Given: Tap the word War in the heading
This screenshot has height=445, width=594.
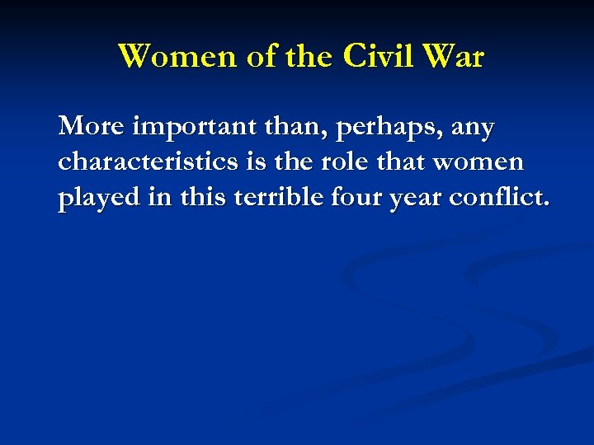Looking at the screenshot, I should pyautogui.click(x=455, y=57).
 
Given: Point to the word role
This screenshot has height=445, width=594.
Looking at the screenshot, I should pyautogui.click(x=345, y=162).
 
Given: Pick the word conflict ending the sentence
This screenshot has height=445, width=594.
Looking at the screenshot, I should pyautogui.click(x=504, y=198).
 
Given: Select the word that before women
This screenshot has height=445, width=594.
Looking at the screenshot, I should pyautogui.click(x=408, y=162).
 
